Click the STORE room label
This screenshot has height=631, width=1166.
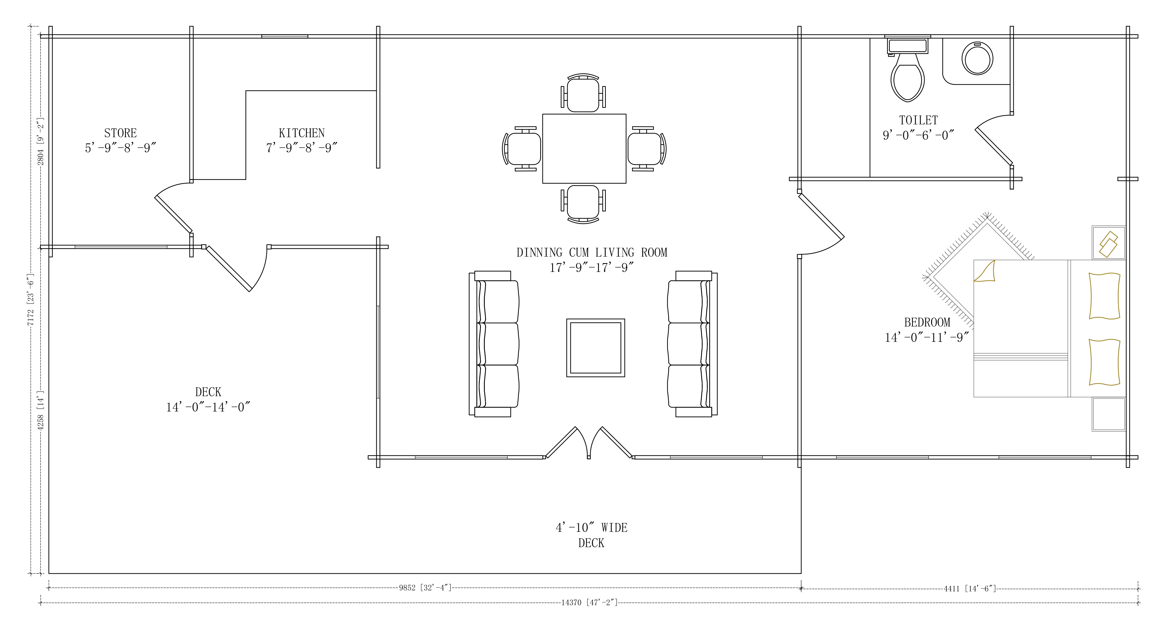pyautogui.click(x=120, y=133)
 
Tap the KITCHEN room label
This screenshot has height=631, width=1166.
pyautogui.click(x=301, y=133)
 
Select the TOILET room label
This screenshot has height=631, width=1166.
pyautogui.click(x=918, y=120)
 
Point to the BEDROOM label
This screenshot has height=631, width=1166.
pyautogui.click(x=927, y=323)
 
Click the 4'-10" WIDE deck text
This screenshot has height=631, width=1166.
pyautogui.click(x=592, y=527)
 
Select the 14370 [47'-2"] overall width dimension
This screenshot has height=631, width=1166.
pyautogui.click(x=589, y=603)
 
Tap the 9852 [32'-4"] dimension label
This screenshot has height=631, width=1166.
pyautogui.click(x=425, y=588)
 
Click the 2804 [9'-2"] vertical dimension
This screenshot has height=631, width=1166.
pyautogui.click(x=40, y=141)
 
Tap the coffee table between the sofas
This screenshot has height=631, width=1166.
pyautogui.click(x=596, y=348)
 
